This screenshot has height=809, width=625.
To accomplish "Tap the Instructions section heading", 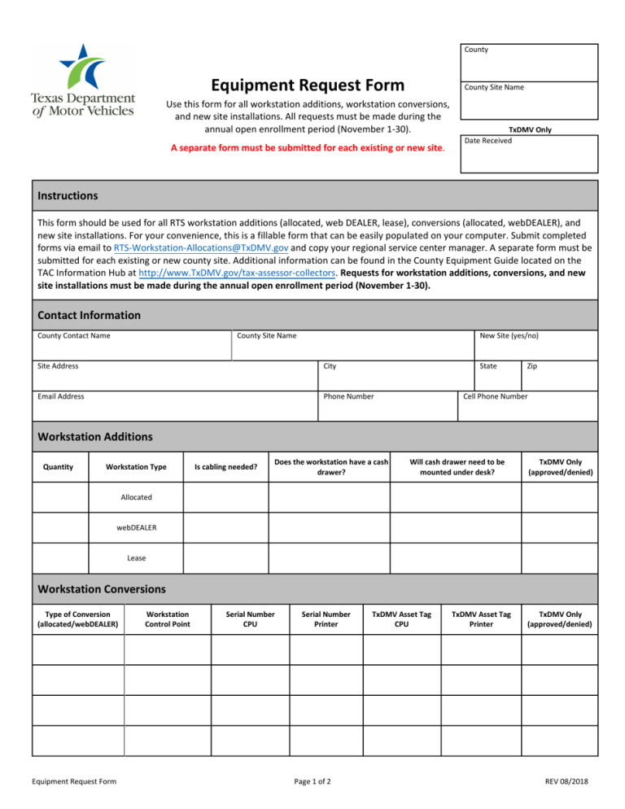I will (68, 196).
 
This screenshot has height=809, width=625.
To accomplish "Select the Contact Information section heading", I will (90, 315).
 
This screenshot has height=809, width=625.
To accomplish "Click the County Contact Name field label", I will (74, 335).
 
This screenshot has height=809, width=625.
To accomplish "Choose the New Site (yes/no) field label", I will (509, 335).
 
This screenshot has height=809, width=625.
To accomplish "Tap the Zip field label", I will (531, 366).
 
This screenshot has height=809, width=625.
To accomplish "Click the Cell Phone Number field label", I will (495, 396).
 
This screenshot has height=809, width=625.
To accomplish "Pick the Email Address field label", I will (61, 396).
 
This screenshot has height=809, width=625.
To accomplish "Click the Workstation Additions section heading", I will (95, 437).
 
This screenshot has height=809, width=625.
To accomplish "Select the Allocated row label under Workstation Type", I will (137, 496).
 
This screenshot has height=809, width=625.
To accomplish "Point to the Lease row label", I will (137, 558).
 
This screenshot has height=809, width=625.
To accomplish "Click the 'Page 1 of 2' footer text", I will (312, 782).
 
